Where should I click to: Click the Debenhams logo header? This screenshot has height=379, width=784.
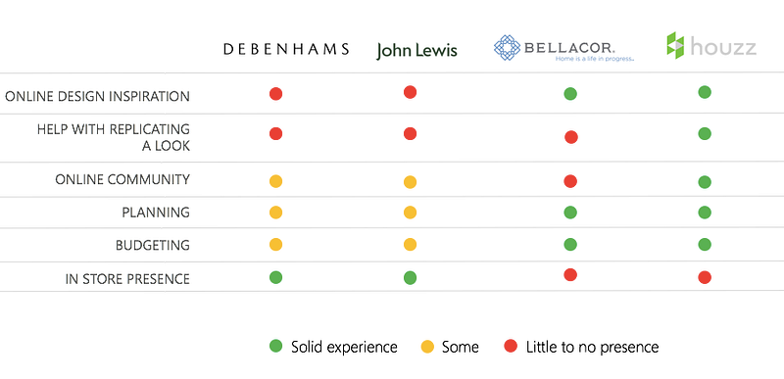286,49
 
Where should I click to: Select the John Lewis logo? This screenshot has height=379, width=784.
417,50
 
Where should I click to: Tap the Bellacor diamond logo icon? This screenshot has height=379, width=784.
507,48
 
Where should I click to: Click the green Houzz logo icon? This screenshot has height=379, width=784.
675,45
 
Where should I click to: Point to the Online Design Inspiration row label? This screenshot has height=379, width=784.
97,96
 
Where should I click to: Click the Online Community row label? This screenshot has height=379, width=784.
122,179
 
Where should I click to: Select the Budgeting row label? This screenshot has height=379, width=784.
153,245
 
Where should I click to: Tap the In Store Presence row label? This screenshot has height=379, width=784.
127,279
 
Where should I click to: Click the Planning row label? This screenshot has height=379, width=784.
156,213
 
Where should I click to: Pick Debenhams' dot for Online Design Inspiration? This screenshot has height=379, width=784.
275,93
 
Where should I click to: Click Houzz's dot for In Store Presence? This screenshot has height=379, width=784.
705,277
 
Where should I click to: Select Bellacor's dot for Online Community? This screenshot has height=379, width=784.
570,181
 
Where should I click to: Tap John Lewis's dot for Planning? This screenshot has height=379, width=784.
410,213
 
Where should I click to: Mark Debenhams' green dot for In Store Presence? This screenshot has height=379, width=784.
275,277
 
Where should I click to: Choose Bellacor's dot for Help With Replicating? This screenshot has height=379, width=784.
571,137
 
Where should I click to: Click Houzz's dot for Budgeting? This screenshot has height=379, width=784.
705,244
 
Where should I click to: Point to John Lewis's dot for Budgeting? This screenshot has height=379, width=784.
410,244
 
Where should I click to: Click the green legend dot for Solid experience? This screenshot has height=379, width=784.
275,346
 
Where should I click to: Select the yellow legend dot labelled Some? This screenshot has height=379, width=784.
427,347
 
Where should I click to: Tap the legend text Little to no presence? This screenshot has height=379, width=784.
593,347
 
